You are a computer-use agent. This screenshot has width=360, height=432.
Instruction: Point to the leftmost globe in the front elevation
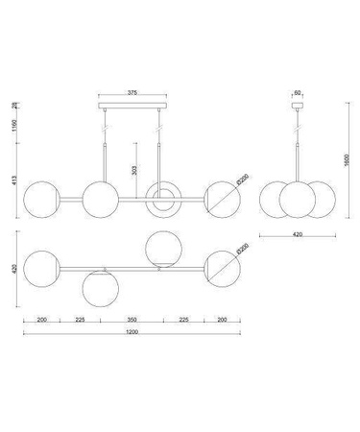pos(42,198)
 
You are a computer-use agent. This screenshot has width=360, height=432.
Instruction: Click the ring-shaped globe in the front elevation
pos(159,198)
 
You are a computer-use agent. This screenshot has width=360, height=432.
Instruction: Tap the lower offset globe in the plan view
pos(99,285)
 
